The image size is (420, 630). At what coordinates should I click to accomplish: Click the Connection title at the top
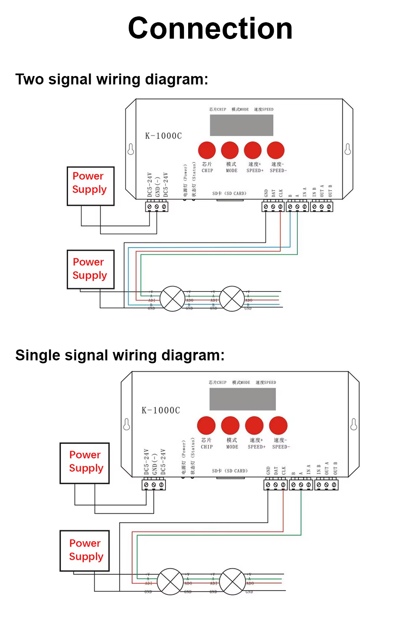pos(210,29)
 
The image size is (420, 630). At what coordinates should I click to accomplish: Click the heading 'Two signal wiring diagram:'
pos(112,79)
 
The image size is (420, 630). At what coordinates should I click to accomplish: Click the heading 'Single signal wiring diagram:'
pos(120,355)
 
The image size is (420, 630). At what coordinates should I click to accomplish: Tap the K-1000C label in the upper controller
pos(163,136)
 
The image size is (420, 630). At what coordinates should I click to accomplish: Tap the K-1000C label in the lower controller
pos(161,410)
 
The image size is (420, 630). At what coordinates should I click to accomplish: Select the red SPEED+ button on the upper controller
pos(253,150)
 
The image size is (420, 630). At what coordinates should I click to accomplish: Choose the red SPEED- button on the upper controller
pos(276,150)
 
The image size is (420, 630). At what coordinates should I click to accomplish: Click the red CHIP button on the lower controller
pos(206,425)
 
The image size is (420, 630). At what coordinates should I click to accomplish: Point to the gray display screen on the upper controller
pos(241,125)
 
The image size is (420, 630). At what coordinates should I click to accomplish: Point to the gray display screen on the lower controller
pos(243,399)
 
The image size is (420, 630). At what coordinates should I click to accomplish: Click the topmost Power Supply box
pos(90,186)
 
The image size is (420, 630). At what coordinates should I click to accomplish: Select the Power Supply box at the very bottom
pos(85,551)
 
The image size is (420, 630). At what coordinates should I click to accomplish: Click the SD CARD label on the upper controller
pos(229,194)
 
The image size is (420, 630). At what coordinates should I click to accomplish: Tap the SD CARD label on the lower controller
pos(230,471)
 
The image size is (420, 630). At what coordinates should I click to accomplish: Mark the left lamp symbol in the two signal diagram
pos(173,299)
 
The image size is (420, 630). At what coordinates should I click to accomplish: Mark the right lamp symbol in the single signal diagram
pos(232,581)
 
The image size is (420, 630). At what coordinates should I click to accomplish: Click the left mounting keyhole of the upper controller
pos(131,149)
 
